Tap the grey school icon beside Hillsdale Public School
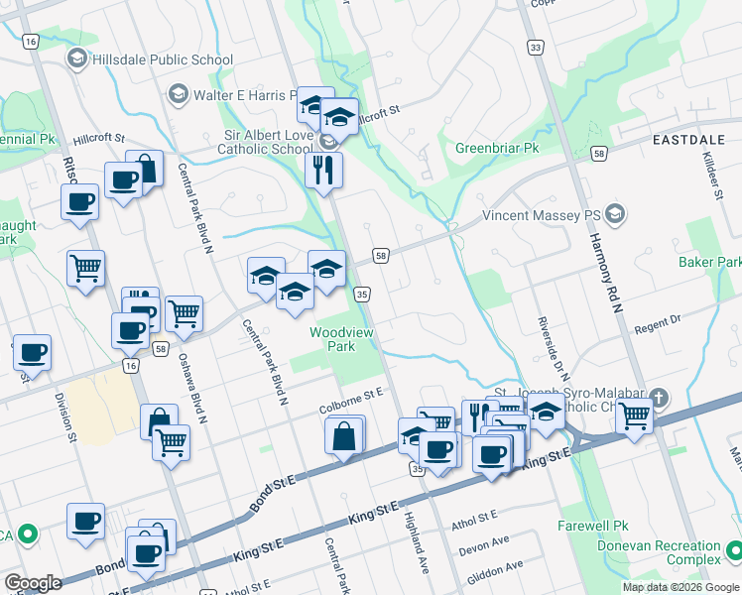75,59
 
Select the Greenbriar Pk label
496,148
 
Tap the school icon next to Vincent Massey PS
615,214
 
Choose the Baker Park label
709,262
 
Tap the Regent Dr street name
659,322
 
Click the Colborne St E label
351,401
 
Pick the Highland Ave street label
418,538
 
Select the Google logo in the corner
33,582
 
